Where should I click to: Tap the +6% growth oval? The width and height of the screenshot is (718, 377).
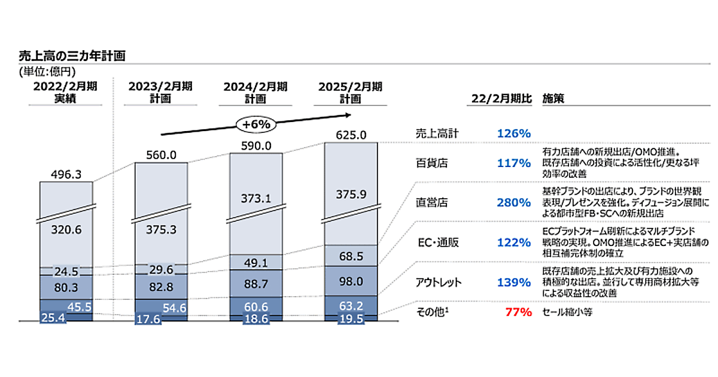click(x=257, y=124)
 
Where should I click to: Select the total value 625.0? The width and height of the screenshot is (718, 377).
click(x=351, y=135)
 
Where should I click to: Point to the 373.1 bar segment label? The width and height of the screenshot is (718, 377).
click(x=257, y=198)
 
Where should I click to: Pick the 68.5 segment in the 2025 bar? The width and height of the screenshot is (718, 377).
click(x=351, y=256)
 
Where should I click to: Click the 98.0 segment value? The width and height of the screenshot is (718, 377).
click(x=351, y=281)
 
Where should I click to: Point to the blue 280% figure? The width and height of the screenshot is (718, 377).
click(x=514, y=202)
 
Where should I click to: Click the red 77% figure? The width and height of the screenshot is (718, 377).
click(x=519, y=312)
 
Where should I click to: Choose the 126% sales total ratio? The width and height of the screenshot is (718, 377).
click(x=514, y=133)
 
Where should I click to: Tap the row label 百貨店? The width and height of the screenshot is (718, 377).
click(x=431, y=162)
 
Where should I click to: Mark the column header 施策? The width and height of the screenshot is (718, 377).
click(x=552, y=98)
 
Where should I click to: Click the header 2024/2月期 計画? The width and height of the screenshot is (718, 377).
click(x=256, y=92)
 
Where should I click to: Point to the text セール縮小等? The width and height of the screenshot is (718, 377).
click(x=567, y=312)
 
